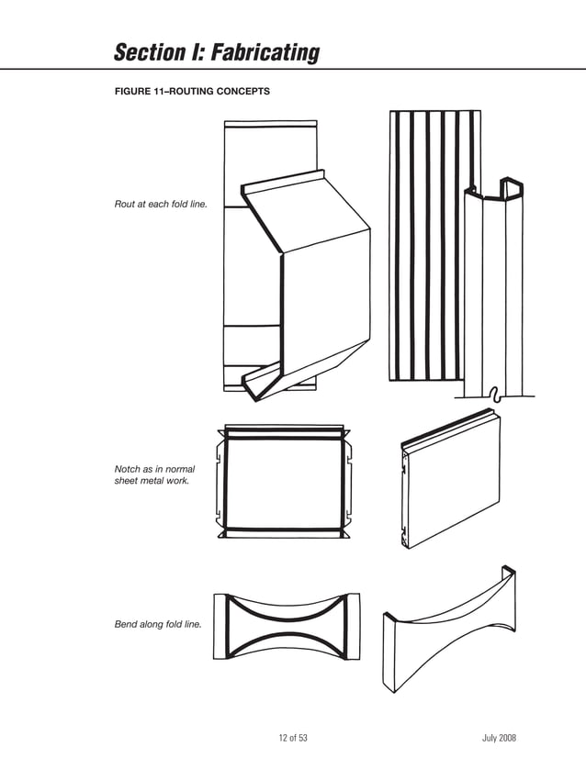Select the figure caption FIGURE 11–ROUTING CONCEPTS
click(191, 91)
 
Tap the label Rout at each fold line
click(160, 204)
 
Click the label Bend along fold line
click(157, 625)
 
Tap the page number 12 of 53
click(292, 739)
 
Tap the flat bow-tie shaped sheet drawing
click(286, 626)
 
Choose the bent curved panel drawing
click(450, 633)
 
